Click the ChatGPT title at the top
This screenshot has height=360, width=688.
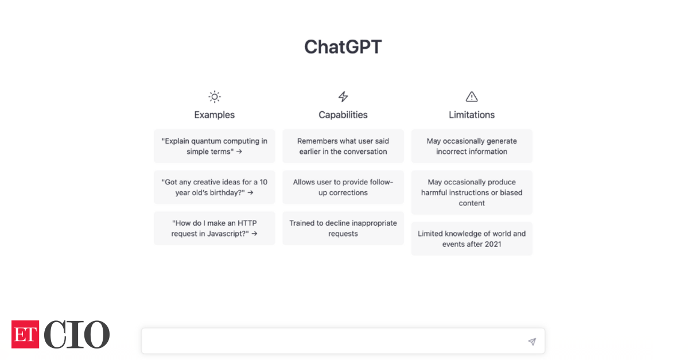343,47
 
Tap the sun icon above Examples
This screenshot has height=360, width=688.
215,96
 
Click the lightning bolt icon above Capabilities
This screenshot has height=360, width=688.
343,96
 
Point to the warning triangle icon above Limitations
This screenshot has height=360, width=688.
472,96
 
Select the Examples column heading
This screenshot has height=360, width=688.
215,115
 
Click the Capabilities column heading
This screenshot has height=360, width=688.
343,115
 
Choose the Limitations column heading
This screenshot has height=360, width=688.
472,115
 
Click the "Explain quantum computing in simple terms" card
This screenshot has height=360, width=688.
215,146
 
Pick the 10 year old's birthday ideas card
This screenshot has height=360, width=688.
215,187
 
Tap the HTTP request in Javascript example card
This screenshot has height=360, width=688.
215,229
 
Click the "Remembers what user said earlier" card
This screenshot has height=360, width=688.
343,146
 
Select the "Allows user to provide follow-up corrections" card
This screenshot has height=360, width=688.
343,187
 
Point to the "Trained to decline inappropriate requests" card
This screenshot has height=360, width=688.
343,229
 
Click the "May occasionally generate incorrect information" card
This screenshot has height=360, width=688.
472,146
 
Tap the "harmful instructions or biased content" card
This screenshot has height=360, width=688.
472,193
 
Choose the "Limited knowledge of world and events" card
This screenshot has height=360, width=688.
472,239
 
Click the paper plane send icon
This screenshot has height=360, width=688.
532,342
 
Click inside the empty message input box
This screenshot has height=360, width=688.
333,341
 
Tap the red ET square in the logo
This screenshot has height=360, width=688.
25,335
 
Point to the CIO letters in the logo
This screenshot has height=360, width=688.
77,335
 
